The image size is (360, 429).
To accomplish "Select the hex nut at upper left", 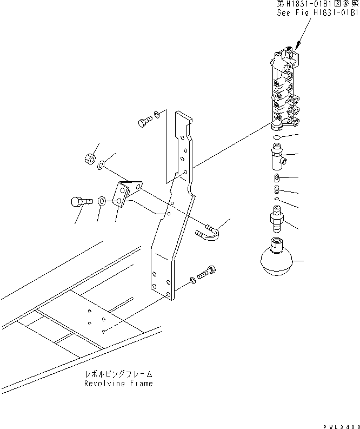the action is pyautogui.click(x=90, y=159).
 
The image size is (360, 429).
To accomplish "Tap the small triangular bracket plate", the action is pyautogui.click(x=128, y=194).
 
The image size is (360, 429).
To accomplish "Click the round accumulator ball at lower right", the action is pyautogui.click(x=276, y=256).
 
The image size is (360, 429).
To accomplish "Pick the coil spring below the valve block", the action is pyautogui.click(x=277, y=188).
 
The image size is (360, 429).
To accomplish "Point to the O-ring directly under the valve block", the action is pyautogui.click(x=277, y=136).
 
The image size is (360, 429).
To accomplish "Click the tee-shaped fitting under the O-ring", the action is pyautogui.click(x=278, y=157).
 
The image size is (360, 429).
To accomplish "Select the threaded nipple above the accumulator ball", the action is pyautogui.click(x=276, y=219).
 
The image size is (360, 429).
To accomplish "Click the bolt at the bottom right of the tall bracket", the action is pyautogui.click(x=206, y=272).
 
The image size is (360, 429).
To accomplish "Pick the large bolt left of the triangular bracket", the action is pyautogui.click(x=82, y=202).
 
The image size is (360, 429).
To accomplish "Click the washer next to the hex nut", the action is pyautogui.click(x=101, y=164).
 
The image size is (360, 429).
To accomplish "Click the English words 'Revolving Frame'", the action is pyautogui.click(x=118, y=384).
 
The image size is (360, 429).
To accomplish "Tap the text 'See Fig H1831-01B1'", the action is pyautogui.click(x=317, y=13).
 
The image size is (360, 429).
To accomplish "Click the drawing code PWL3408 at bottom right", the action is pyautogui.click(x=341, y=426).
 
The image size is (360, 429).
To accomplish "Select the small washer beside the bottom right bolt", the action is pyautogui.click(x=193, y=280).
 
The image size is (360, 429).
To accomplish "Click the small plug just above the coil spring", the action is pyautogui.click(x=276, y=178).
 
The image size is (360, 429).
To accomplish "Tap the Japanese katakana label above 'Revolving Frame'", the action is pyautogui.click(x=118, y=374).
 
